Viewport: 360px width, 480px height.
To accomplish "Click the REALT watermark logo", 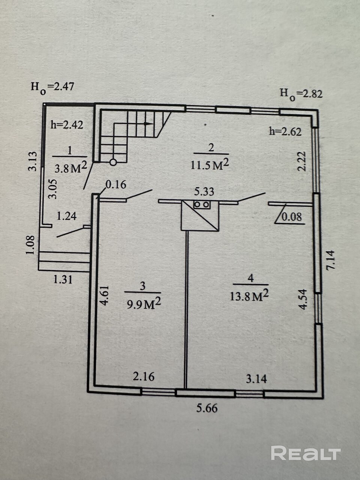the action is tap(306, 453).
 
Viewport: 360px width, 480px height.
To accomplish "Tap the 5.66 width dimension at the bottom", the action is tap(207, 408).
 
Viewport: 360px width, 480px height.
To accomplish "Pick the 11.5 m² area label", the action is tap(210, 164).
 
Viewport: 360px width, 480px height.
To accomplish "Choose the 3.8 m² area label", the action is tap(71, 168).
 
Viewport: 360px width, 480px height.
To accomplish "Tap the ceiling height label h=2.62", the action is tap(285, 131).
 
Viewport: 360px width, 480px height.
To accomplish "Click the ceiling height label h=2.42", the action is tap(67, 124).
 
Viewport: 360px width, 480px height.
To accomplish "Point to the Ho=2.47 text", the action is tap(52, 87).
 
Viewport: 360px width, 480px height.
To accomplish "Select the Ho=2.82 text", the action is tap(301, 94).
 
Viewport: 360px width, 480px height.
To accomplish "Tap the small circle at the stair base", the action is tap(113, 162).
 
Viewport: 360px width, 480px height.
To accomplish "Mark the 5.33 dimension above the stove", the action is tap(204, 192).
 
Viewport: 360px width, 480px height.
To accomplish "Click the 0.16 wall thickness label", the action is tap(116, 184).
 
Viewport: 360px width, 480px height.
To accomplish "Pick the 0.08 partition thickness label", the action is tap(292, 217).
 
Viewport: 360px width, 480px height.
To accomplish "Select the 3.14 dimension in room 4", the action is tap(256, 379).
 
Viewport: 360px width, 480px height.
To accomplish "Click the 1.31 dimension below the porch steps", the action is tap(63, 279).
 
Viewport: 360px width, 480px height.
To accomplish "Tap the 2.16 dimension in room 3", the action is tap(144, 376).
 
